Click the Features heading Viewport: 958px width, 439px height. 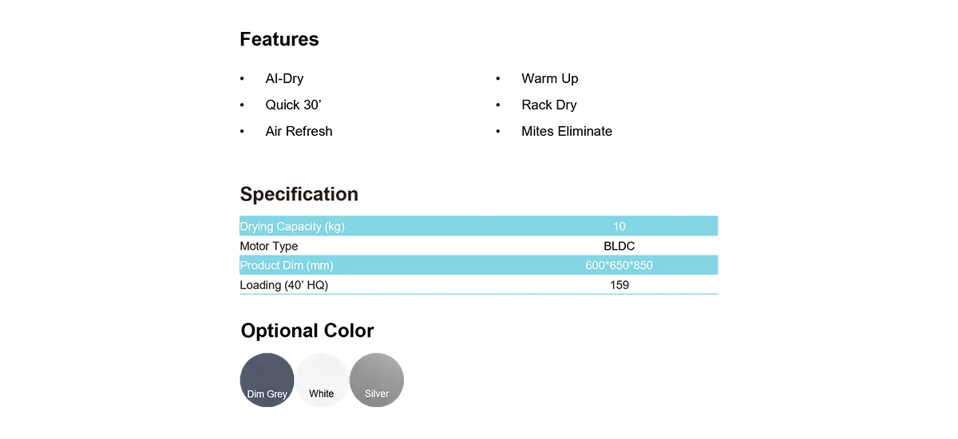click(x=279, y=39)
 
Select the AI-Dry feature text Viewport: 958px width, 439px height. click(x=284, y=79)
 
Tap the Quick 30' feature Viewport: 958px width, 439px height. click(x=294, y=105)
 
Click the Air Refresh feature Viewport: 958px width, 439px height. click(x=299, y=131)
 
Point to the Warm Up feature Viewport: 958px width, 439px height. click(x=550, y=79)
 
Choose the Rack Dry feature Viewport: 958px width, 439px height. click(x=549, y=105)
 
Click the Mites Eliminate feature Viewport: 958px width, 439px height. click(x=567, y=131)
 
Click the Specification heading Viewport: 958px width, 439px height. click(x=299, y=195)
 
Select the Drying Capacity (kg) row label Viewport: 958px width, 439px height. click(x=292, y=227)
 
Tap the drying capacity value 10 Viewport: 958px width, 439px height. click(x=620, y=227)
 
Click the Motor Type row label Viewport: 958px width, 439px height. click(x=268, y=246)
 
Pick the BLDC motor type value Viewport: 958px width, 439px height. click(x=620, y=246)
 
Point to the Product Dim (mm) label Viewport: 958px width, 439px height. click(x=287, y=266)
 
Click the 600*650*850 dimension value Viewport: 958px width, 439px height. click(x=620, y=266)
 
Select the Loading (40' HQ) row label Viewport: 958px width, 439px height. click(x=284, y=285)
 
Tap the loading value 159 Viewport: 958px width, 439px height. click(x=620, y=285)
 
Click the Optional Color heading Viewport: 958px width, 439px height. click(x=307, y=331)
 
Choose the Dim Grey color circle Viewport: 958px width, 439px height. click(x=267, y=380)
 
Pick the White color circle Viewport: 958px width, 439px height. click(x=322, y=380)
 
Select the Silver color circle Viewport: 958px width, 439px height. click(x=377, y=380)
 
